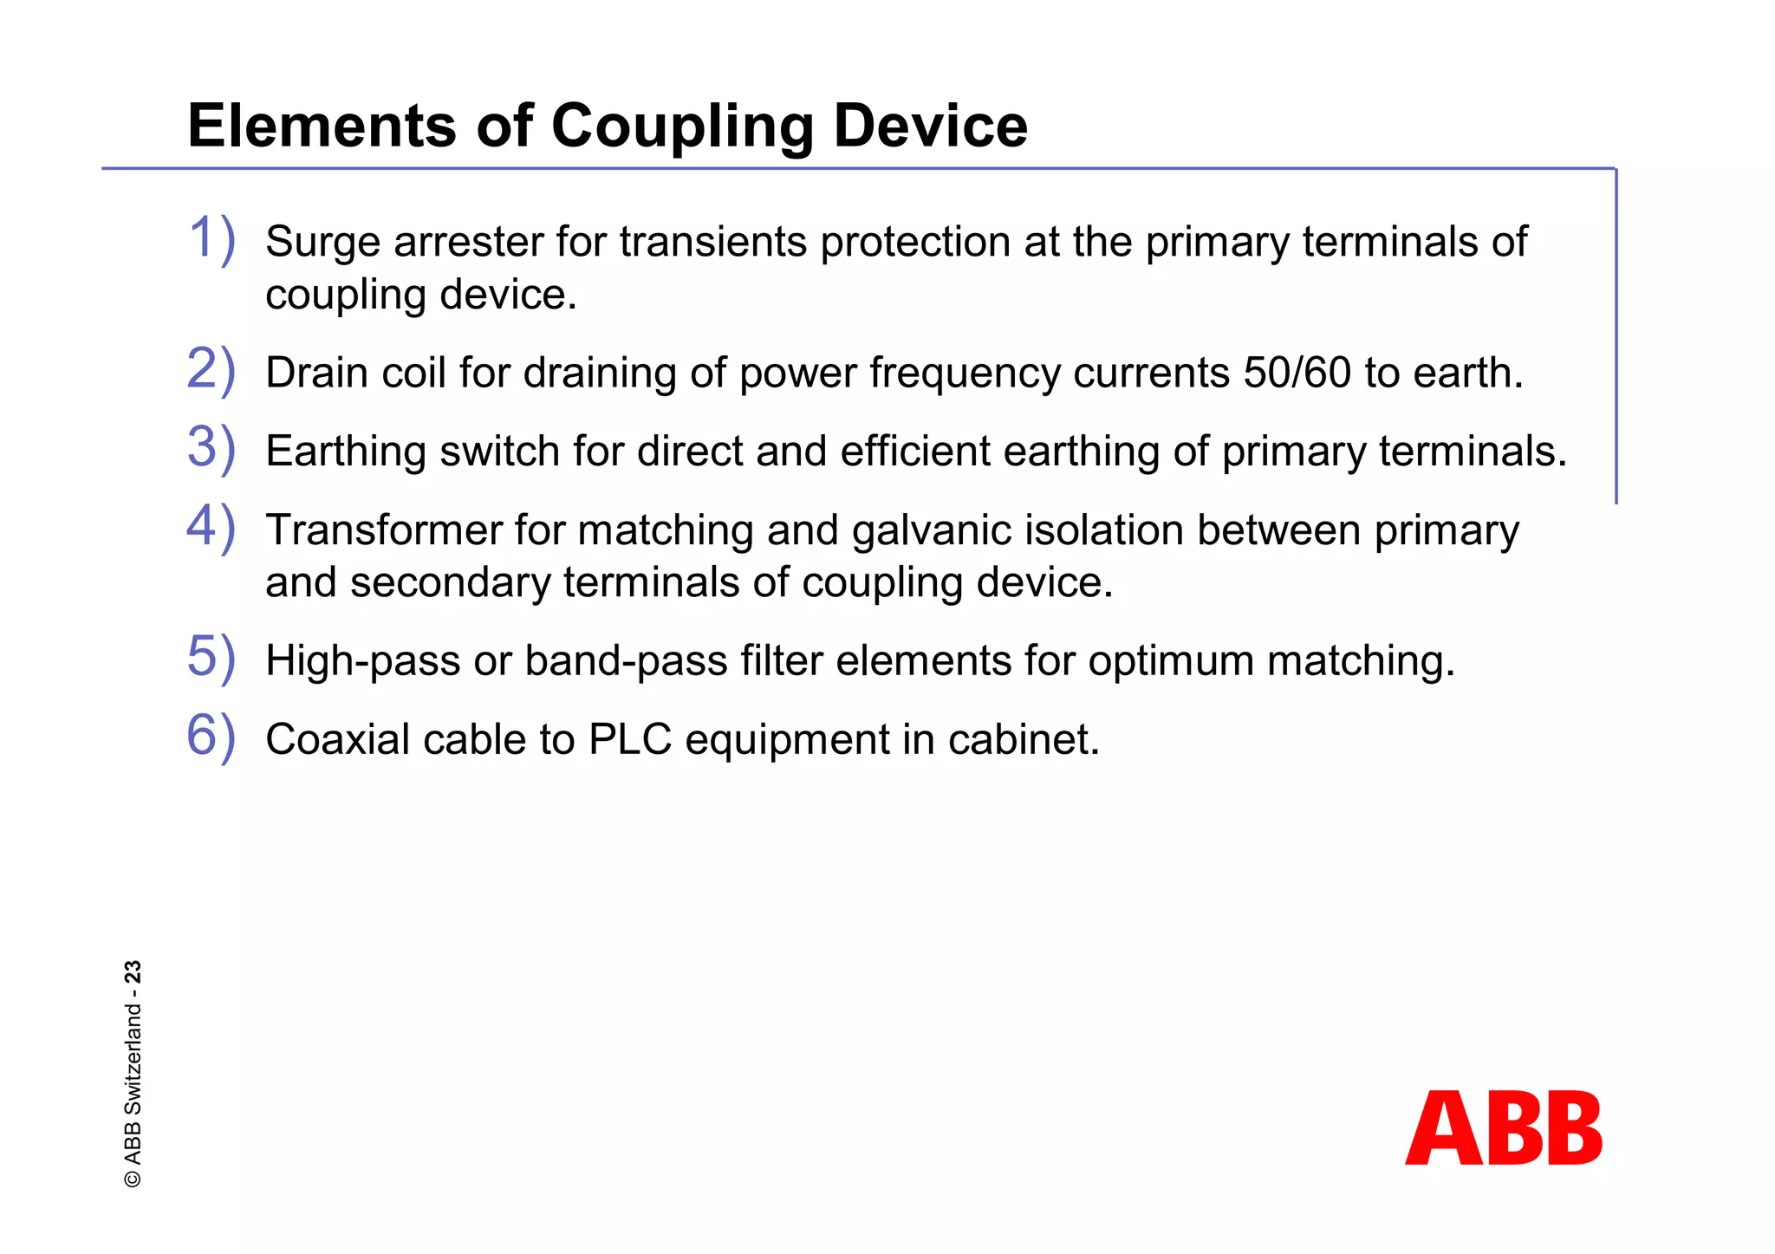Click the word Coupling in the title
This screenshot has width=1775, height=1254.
click(x=681, y=127)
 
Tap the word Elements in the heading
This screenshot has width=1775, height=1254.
click(x=322, y=127)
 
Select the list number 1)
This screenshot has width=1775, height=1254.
click(x=211, y=239)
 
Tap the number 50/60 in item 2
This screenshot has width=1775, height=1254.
click(x=1297, y=374)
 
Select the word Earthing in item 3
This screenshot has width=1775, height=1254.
click(x=346, y=452)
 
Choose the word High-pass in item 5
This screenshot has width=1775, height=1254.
click(x=362, y=661)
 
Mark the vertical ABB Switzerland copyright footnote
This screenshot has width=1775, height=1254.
click(x=133, y=1075)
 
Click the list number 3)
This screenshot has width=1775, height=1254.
click(x=211, y=449)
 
